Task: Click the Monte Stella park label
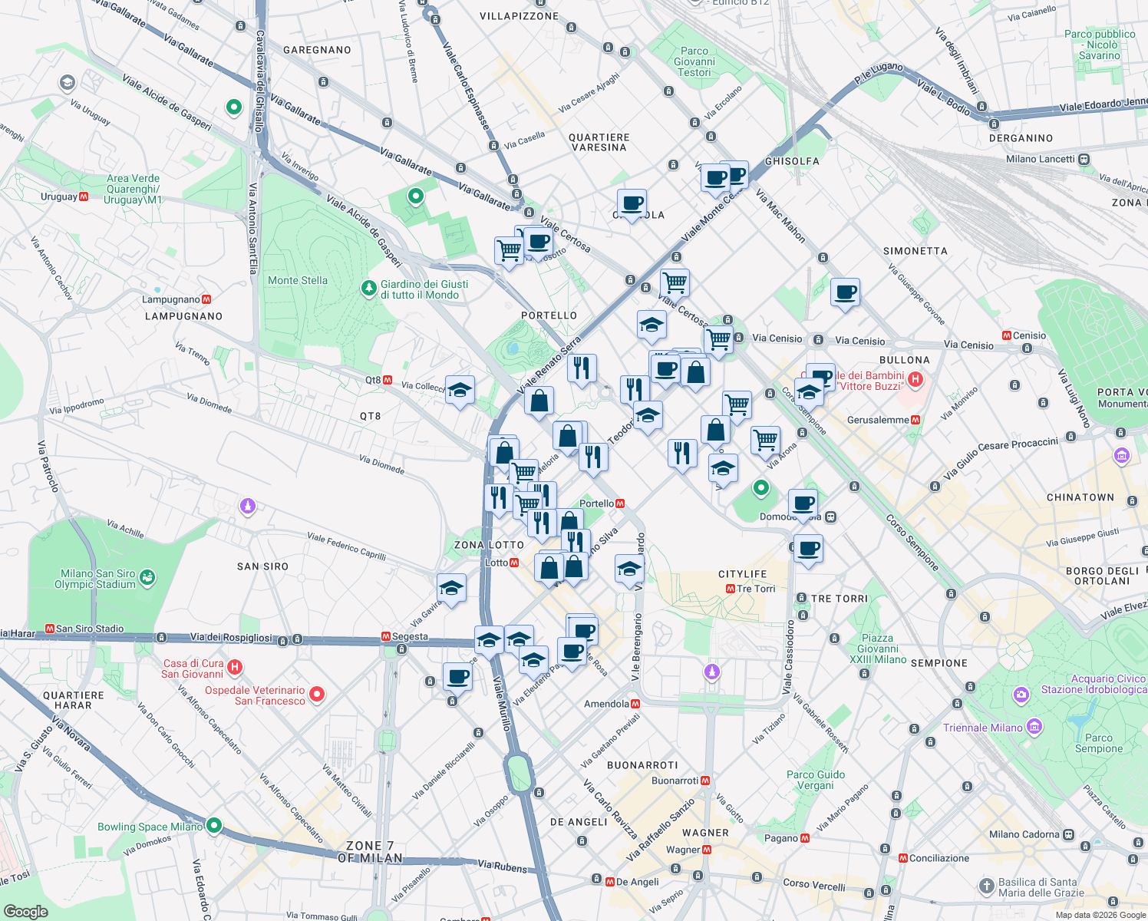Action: pyautogui.click(x=298, y=281)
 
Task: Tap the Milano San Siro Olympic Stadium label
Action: pyautogui.click(x=97, y=579)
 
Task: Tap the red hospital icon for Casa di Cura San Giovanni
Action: pyautogui.click(x=235, y=668)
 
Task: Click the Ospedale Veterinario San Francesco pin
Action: pyautogui.click(x=316, y=695)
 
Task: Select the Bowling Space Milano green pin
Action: pyautogui.click(x=214, y=826)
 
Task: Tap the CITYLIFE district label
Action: pyautogui.click(x=742, y=574)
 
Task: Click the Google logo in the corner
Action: pyautogui.click(x=25, y=911)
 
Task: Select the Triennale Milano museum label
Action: pyautogui.click(x=983, y=728)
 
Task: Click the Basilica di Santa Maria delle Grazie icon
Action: pyautogui.click(x=987, y=886)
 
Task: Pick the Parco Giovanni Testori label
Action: pyautogui.click(x=694, y=61)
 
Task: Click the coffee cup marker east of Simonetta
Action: pyautogui.click(x=845, y=292)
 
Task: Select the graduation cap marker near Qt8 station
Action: pyautogui.click(x=460, y=391)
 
